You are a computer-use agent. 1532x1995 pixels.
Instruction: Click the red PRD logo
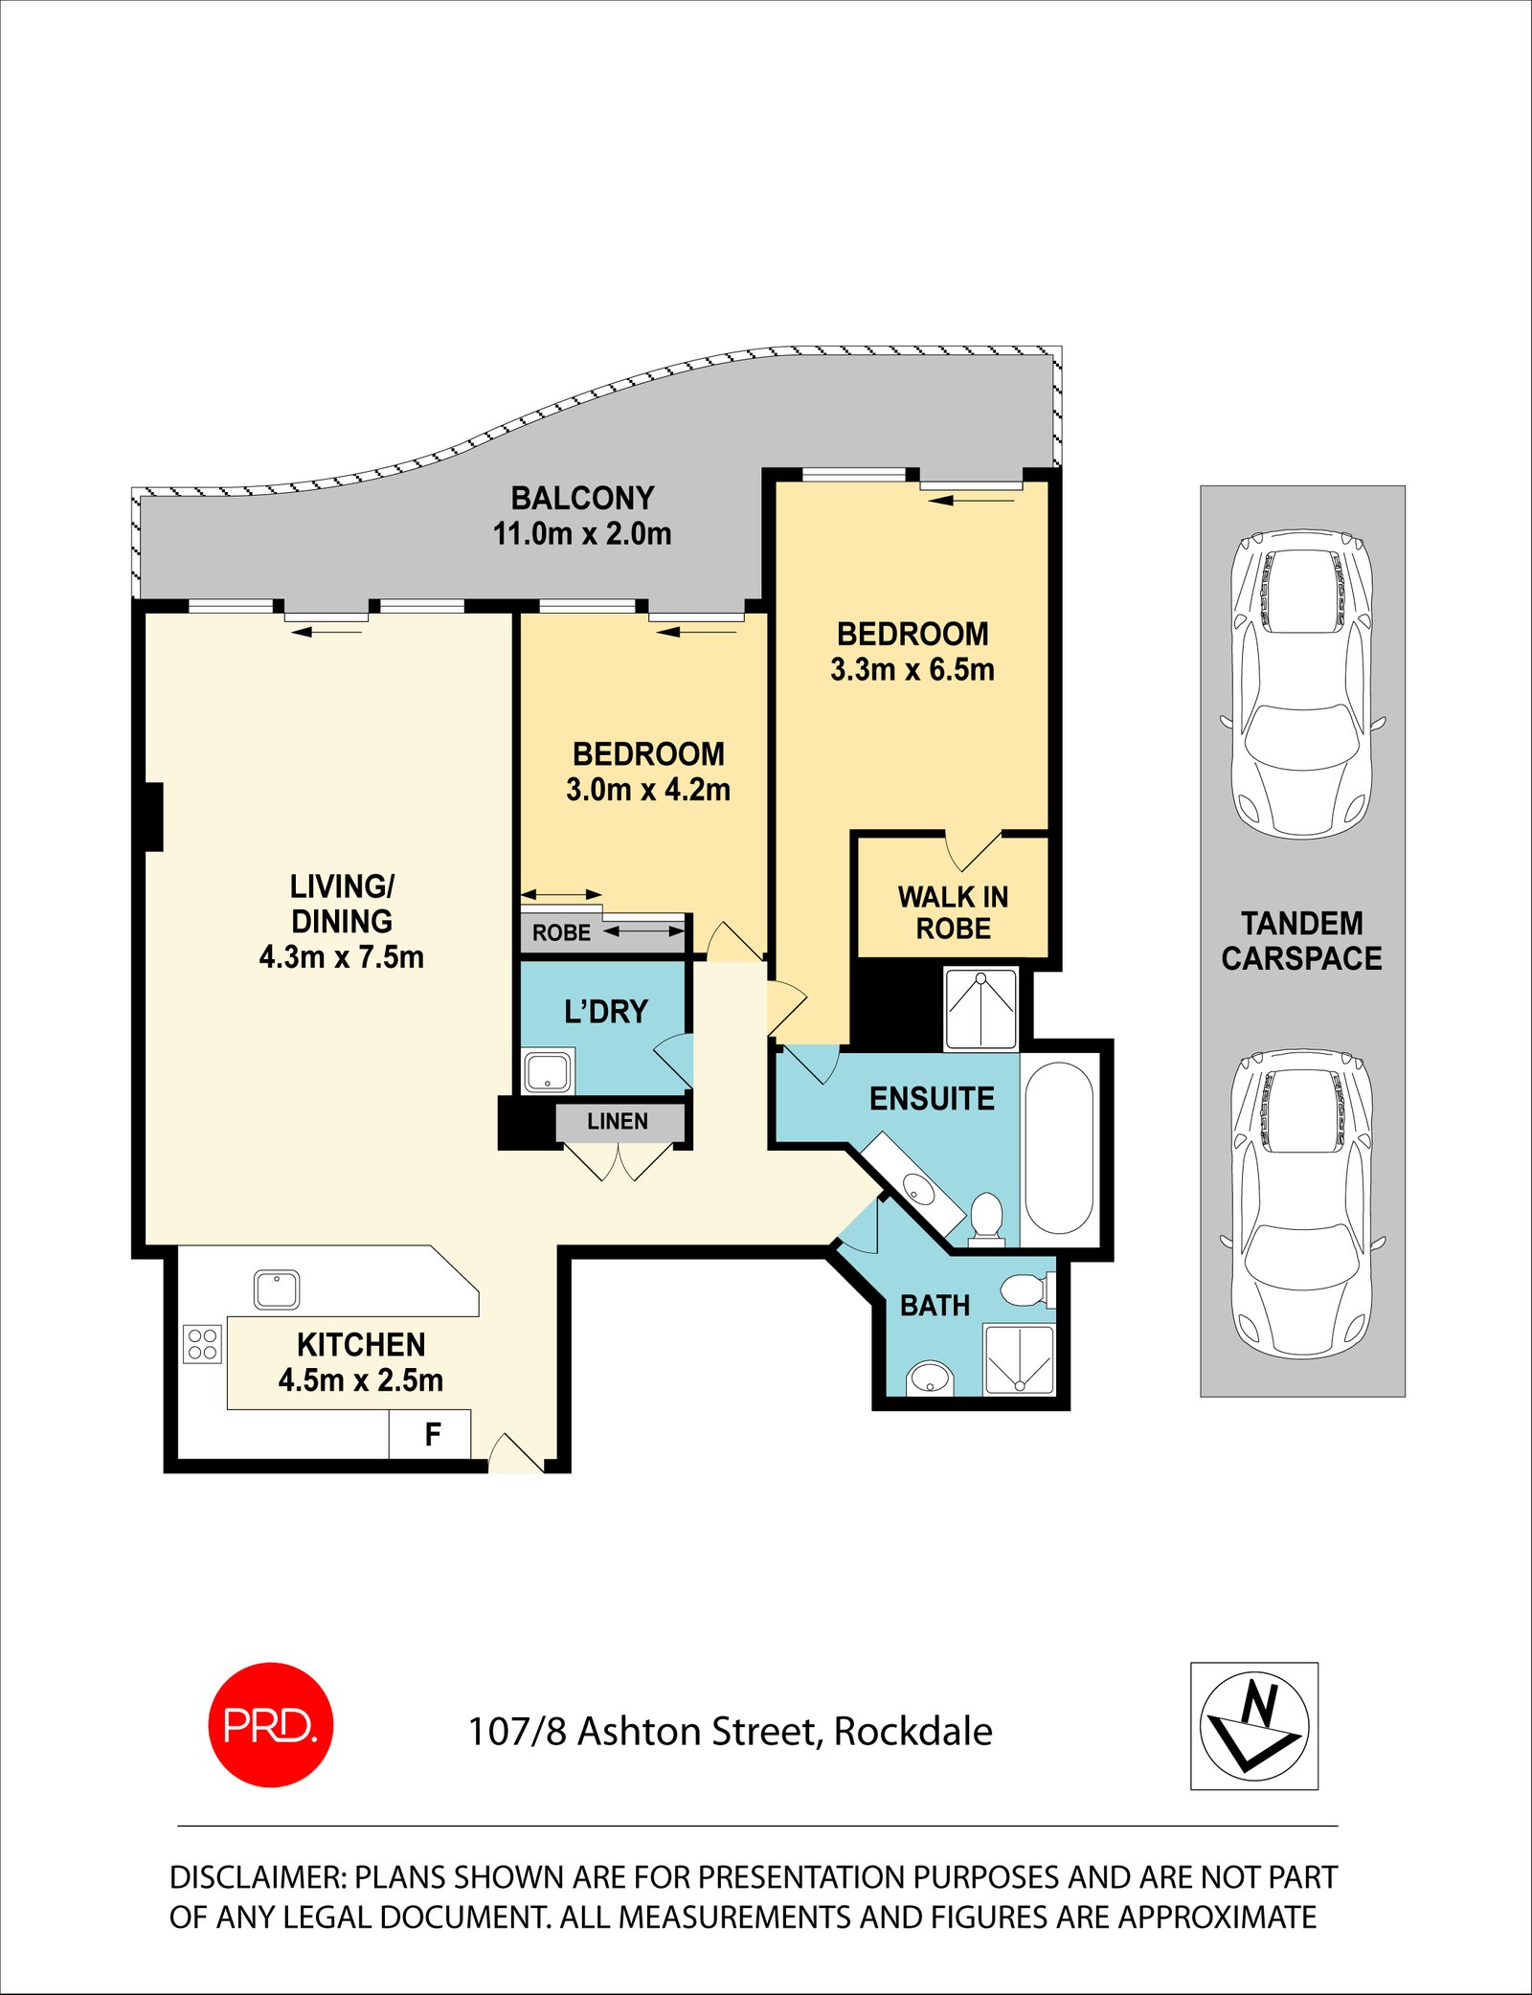tap(271, 1724)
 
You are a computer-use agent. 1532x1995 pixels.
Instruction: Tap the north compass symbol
tap(1254, 1725)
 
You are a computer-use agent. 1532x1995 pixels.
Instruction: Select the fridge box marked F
tap(430, 1433)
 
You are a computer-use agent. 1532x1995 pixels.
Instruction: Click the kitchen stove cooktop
tap(202, 1343)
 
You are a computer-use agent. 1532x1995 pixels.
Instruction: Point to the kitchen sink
tap(277, 1289)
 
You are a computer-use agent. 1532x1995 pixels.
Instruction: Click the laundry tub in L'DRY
tap(548, 1070)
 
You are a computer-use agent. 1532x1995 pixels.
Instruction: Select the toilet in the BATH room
tap(1028, 1289)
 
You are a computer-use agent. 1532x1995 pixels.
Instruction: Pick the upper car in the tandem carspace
tap(1302, 684)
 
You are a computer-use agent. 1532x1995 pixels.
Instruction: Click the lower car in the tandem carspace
tap(1302, 1204)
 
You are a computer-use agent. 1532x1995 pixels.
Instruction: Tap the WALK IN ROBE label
tap(953, 912)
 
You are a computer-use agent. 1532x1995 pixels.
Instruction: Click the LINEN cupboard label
tap(618, 1121)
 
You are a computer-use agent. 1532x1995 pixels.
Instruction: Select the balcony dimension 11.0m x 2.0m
tap(582, 534)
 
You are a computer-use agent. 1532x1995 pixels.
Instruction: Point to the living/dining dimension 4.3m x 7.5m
tap(341, 956)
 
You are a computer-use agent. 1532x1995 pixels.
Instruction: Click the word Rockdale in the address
tap(913, 1732)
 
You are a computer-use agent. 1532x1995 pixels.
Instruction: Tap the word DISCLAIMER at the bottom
tap(258, 1877)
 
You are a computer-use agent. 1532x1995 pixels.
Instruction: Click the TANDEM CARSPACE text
tap(1301, 941)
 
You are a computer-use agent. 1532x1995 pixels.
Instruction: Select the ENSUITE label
tap(932, 1098)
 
